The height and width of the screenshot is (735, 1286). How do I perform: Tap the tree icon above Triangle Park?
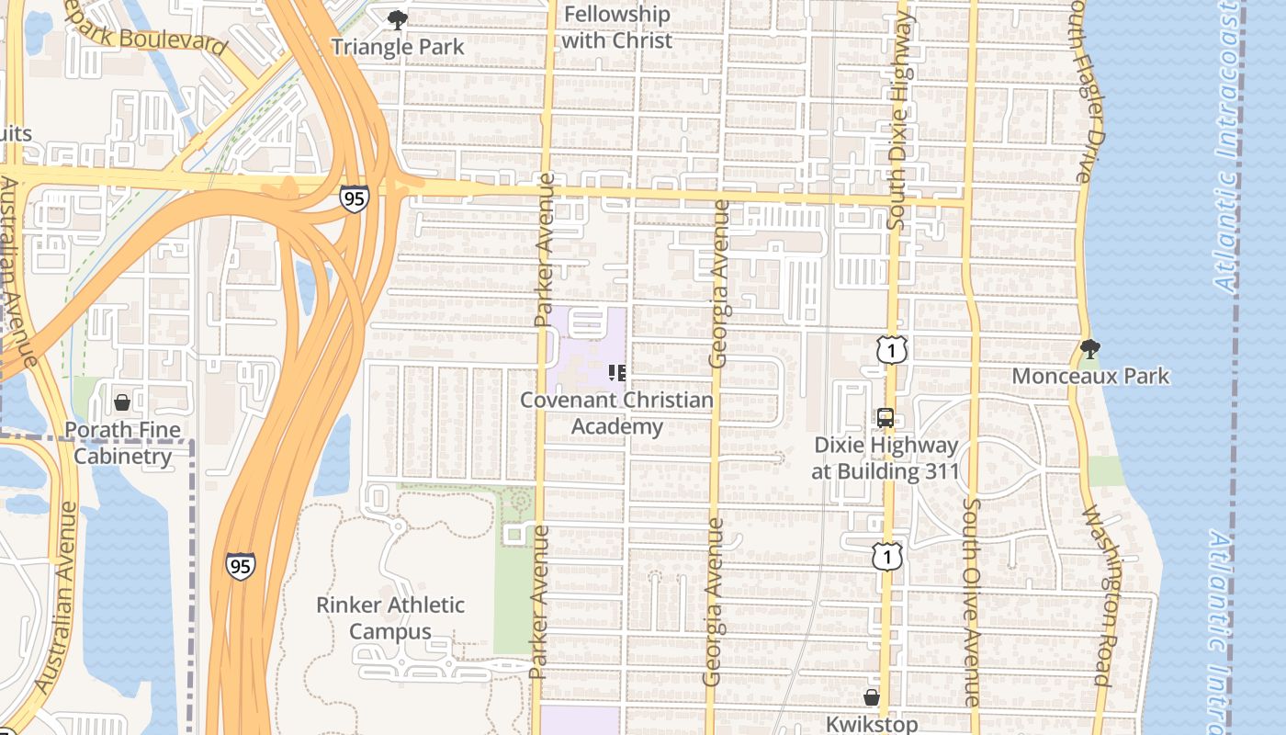point(397,19)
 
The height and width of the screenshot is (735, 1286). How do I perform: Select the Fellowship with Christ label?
point(616,28)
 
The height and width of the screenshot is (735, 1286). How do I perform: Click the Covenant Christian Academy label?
point(616,413)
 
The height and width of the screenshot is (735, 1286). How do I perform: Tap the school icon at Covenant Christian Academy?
point(617,373)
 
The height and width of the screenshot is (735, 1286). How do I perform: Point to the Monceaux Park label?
point(1090,376)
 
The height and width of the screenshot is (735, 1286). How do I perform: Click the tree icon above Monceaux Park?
point(1090,349)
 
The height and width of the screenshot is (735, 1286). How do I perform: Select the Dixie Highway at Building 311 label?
point(886,458)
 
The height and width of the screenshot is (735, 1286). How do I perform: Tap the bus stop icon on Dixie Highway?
point(886,418)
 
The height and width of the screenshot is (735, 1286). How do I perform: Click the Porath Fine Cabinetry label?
point(122,443)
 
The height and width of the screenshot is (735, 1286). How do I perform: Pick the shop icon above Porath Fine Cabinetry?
point(121,402)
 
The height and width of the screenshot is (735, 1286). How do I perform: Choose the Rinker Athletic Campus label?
point(390,618)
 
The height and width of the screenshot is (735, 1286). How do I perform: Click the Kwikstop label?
point(872,724)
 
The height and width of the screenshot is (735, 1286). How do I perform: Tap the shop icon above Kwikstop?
point(872,697)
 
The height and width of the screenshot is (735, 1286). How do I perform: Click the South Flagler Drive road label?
point(1085,92)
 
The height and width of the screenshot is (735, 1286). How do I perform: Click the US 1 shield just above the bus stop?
point(891,349)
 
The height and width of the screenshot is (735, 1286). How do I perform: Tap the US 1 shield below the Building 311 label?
point(887,555)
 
